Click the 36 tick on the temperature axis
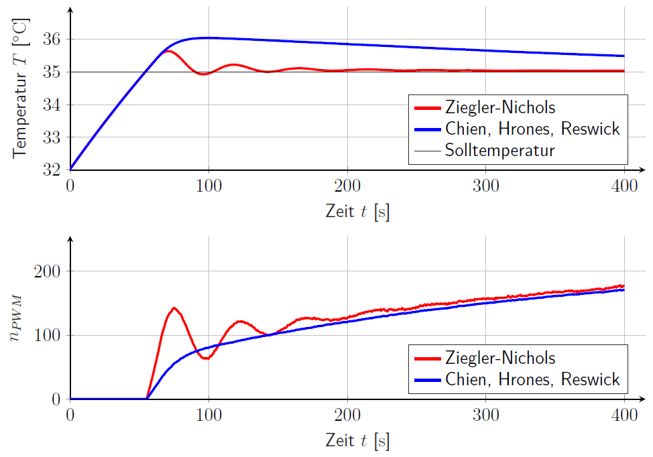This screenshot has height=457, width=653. tap(54, 40)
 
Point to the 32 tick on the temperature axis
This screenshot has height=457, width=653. tap(54, 170)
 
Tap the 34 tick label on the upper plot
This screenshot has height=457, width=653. tap(54, 105)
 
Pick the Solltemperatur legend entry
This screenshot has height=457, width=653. tap(499, 150)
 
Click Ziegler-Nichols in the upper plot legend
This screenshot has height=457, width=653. tap(499, 107)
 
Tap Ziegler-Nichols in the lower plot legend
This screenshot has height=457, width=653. tap(499, 358)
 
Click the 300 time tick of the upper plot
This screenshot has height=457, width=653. tap(485, 186)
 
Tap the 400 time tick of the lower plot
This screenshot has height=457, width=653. tap(624, 415)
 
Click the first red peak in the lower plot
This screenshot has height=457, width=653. tap(174, 308)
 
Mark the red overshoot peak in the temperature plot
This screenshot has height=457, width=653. tap(168, 51)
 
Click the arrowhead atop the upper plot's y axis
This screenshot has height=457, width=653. tap(70, 10)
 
